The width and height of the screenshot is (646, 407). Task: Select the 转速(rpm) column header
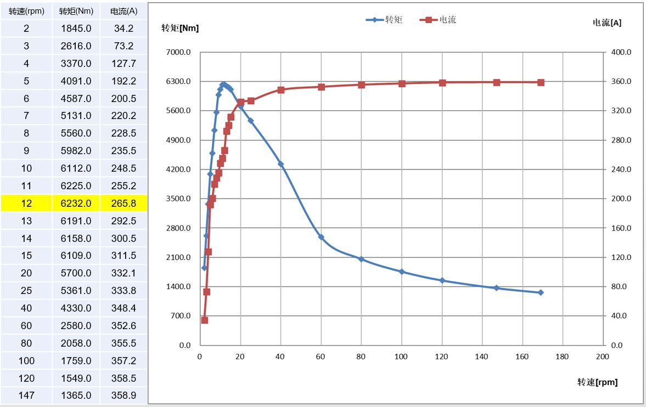[26, 11]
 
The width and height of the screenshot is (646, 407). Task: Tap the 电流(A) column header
[123, 11]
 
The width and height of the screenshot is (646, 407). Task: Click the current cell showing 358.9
[123, 395]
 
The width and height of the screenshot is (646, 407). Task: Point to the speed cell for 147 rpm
[26, 395]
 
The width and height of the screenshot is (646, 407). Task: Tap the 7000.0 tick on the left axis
[178, 52]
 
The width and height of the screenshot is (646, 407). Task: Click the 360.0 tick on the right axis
[621, 82]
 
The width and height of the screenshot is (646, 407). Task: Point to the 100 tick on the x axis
[401, 357]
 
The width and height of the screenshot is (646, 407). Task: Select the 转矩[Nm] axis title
[180, 29]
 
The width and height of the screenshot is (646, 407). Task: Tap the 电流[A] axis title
[607, 23]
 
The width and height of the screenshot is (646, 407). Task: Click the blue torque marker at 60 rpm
[321, 238]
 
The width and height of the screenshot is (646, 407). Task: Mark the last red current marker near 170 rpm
[541, 82]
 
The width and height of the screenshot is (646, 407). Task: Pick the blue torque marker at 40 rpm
[280, 164]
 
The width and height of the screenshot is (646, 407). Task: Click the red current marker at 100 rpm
[402, 83]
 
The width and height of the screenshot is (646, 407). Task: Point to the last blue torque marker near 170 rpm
[541, 292]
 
